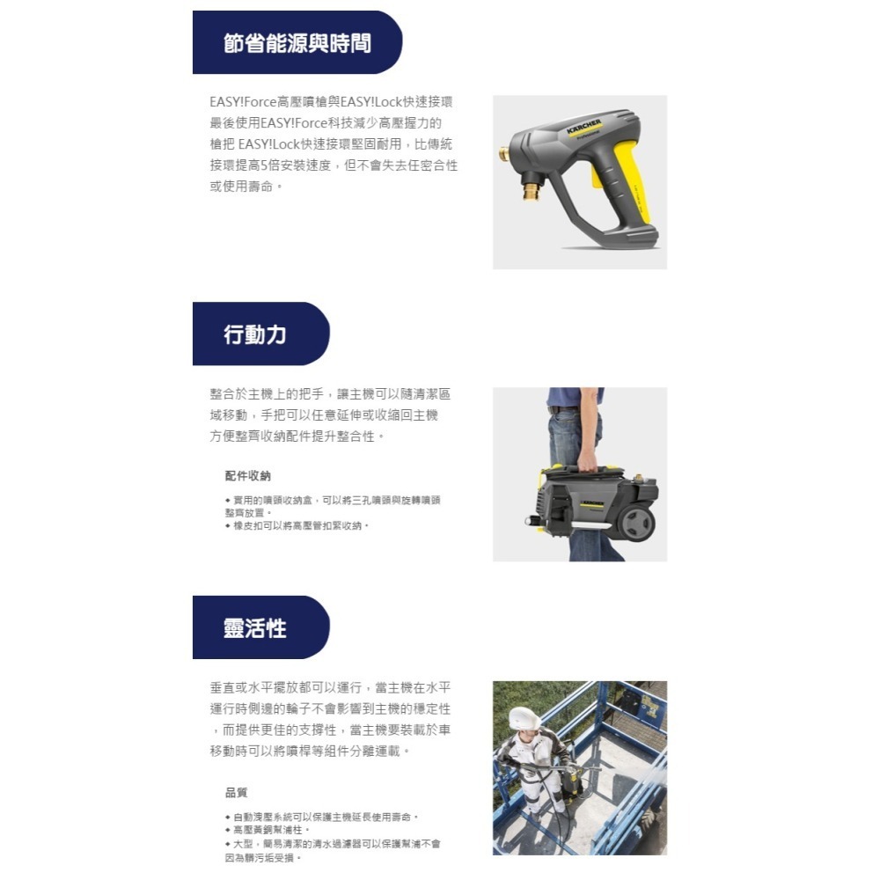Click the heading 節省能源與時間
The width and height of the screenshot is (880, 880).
click(297, 43)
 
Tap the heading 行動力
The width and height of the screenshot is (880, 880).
click(254, 334)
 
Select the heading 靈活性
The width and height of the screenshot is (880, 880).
click(254, 628)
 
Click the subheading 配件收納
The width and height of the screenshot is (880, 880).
click(247, 476)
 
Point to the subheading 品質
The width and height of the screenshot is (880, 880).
click(236, 793)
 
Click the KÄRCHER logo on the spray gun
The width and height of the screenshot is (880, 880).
click(584, 126)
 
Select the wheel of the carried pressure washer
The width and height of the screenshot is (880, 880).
click(636, 522)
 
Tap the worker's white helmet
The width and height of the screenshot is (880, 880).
click(524, 718)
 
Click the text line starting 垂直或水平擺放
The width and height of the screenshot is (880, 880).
click(335, 688)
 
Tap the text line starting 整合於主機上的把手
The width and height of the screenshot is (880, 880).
click(329, 394)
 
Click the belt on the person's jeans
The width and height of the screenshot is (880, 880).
click(563, 409)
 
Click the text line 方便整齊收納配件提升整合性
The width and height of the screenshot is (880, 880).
click(297, 436)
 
